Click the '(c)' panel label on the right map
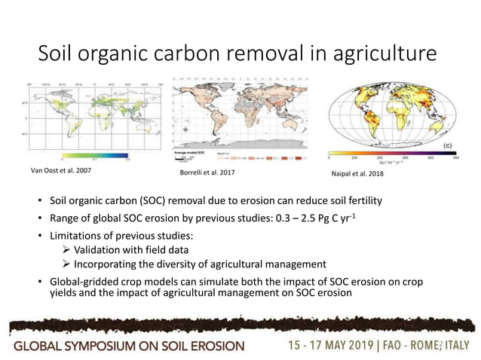(446, 145)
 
